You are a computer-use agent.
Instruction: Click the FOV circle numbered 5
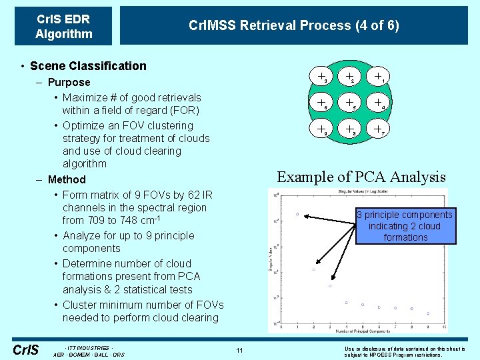coord(351,103)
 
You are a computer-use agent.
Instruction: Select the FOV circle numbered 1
coord(379,77)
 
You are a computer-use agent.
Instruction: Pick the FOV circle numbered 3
coord(321,77)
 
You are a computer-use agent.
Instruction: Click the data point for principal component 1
coord(297,215)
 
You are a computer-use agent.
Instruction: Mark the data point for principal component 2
coord(313,269)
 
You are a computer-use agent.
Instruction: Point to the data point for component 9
coord(428,313)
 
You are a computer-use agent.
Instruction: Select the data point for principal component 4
coord(347,303)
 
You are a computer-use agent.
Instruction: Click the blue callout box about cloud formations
coord(405,226)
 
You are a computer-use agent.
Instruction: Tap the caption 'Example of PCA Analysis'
coord(361,177)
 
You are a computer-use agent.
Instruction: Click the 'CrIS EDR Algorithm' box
coord(63,26)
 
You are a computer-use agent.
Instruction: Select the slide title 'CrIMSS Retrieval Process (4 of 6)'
coord(294,25)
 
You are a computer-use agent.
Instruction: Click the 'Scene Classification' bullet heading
coord(88,65)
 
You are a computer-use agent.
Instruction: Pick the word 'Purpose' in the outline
coord(69,82)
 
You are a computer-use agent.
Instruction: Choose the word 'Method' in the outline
coord(67,179)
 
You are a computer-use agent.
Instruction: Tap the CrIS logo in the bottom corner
coord(26,349)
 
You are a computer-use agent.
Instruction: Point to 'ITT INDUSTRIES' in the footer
coord(88,348)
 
